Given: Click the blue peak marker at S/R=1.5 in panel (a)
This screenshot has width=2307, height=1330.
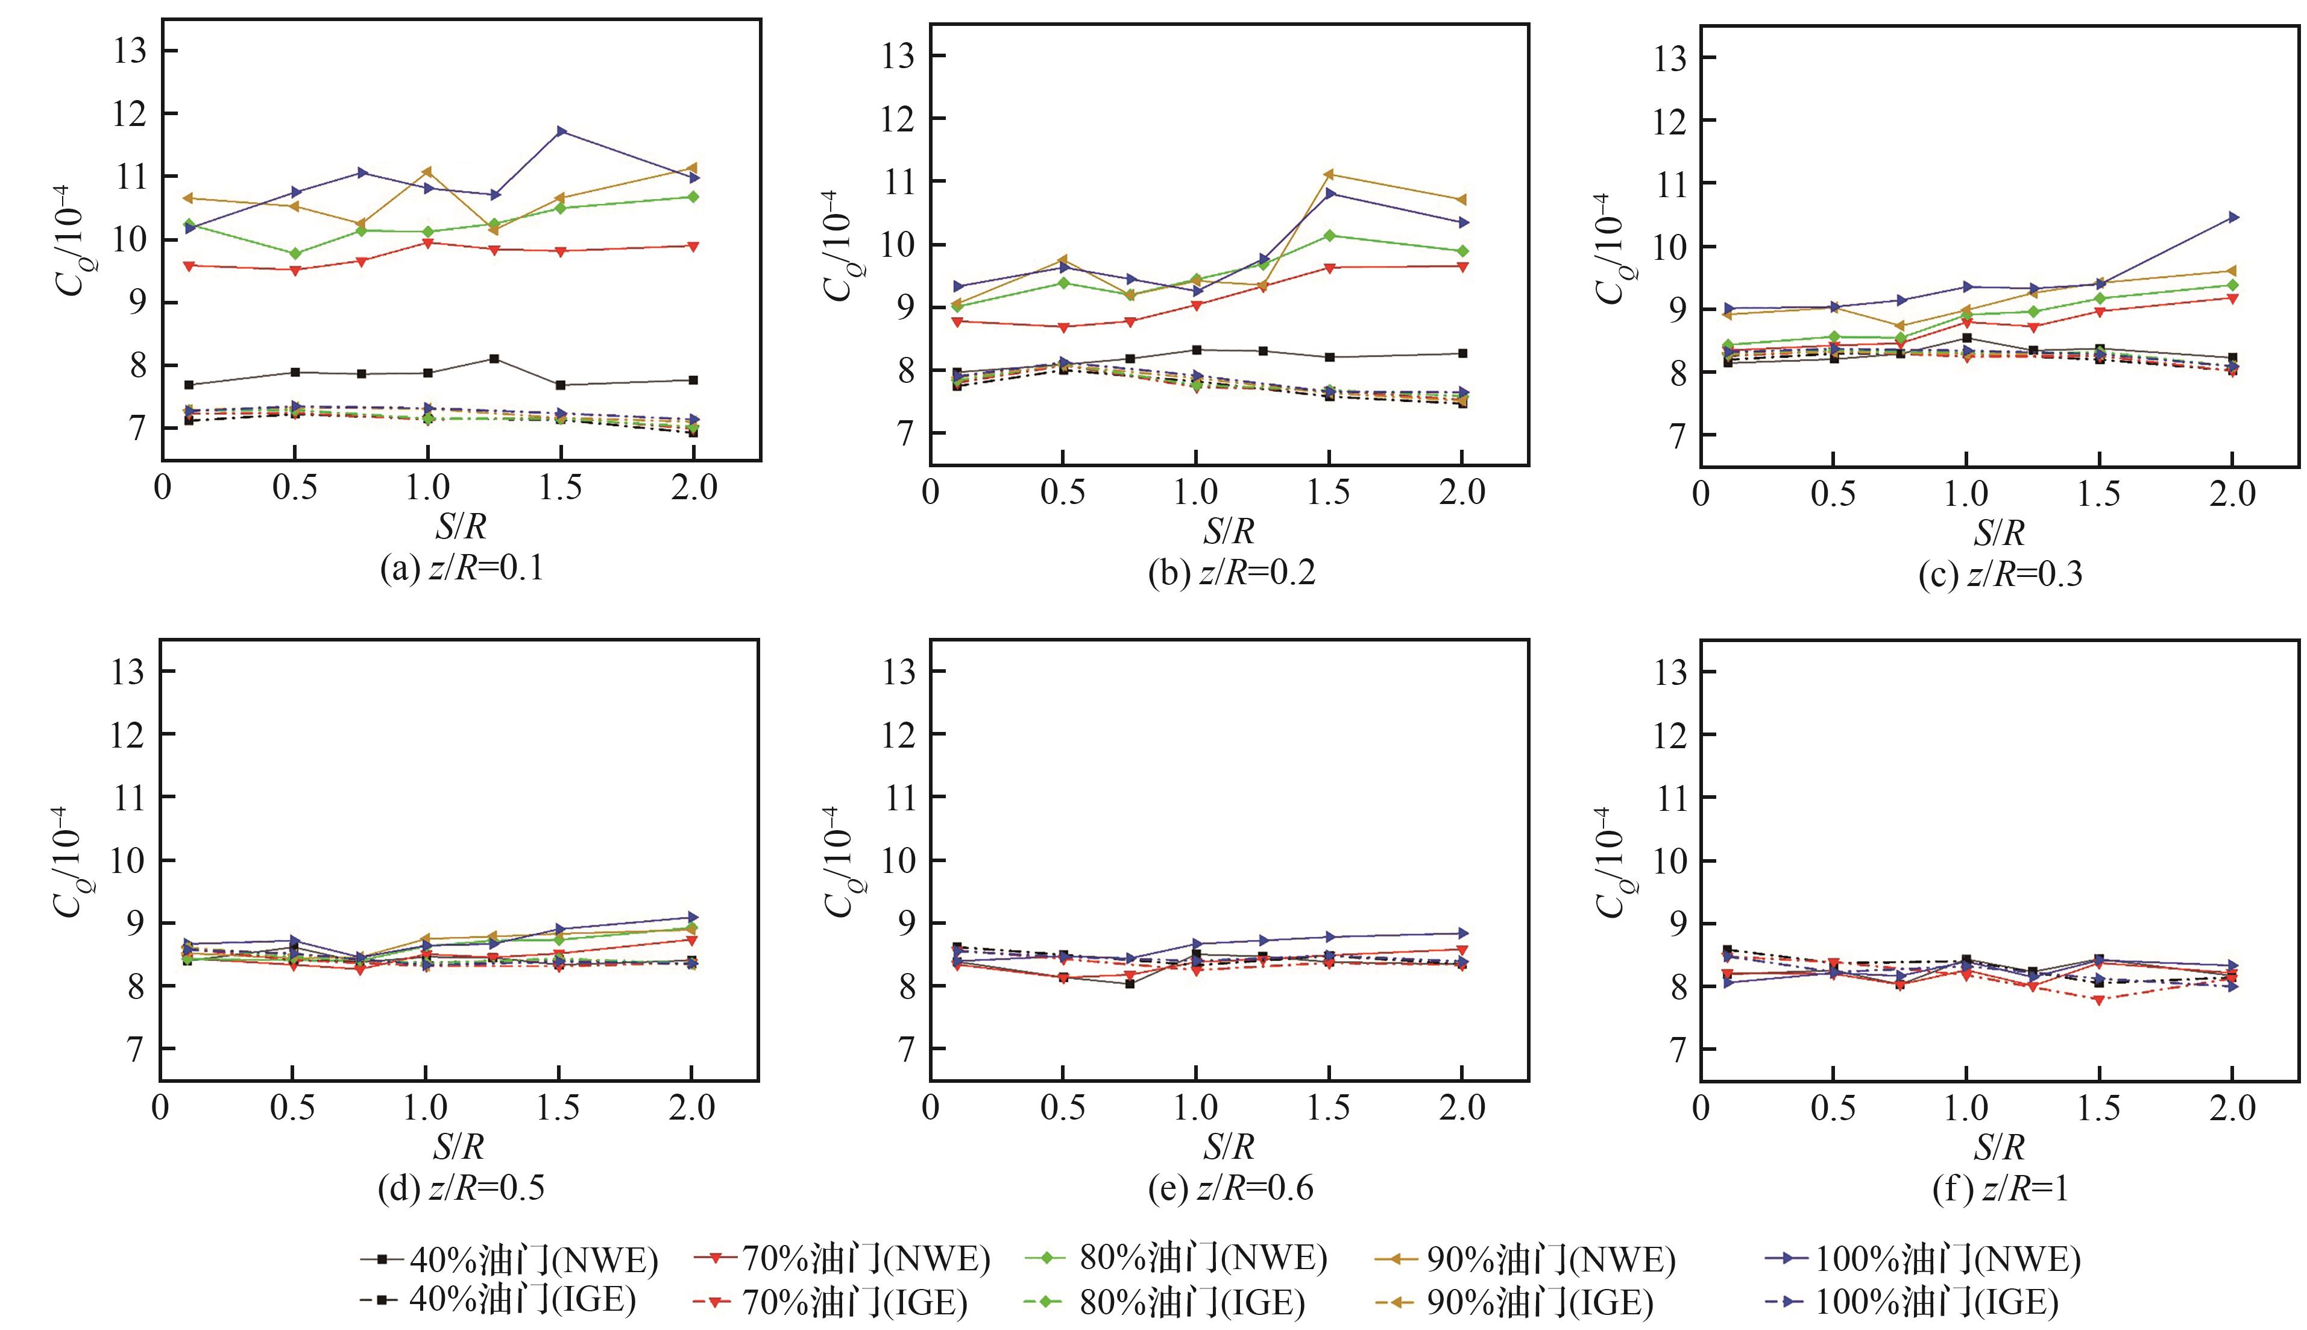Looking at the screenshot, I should (561, 131).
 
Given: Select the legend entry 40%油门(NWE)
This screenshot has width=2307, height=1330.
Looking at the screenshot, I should (509, 1259).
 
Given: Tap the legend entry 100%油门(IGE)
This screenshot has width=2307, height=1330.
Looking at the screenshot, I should (1912, 1301).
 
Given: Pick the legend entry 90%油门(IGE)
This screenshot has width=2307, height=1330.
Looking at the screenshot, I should (1514, 1301).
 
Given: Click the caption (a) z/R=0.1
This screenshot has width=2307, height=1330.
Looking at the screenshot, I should (462, 568).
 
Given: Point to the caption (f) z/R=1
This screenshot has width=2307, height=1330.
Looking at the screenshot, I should (2000, 1188).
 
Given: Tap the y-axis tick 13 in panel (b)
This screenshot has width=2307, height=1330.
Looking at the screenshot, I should (899, 55).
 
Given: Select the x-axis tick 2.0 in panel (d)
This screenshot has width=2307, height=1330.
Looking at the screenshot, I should (691, 1108).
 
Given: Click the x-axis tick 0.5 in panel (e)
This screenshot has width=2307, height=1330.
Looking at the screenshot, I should (1063, 1108).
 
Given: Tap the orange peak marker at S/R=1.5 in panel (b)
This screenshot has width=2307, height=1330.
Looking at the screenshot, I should (1329, 174).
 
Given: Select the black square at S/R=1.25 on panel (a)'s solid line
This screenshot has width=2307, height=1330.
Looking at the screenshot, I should (494, 359).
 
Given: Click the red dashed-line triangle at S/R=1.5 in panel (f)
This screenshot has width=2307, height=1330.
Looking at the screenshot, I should (2100, 1000).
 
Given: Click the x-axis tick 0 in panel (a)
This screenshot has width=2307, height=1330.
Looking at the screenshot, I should (163, 488).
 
